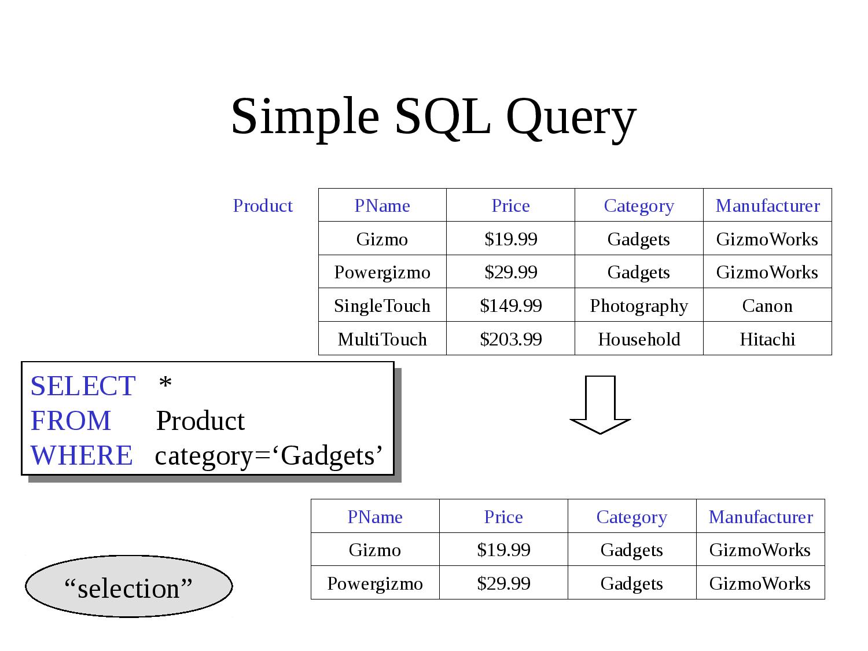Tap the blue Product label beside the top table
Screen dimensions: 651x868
[263, 206]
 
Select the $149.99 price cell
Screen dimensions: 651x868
[510, 306]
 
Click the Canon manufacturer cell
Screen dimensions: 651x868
[767, 306]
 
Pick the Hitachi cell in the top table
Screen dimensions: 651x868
[767, 339]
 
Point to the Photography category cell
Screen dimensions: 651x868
[638, 306]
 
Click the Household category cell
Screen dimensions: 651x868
[638, 339]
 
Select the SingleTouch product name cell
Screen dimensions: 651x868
[382, 306]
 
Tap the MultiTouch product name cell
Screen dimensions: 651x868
[382, 339]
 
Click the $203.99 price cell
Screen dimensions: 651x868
[510, 339]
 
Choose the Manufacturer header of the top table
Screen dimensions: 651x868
[767, 206]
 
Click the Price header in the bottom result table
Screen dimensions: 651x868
[503, 517]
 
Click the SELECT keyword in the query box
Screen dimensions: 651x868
[83, 386]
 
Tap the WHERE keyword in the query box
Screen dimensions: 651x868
[82, 455]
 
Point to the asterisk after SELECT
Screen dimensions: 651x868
[165, 384]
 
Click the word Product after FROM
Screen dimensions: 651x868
[200, 421]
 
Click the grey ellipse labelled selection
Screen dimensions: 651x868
[128, 587]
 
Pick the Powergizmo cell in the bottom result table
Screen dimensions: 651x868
[375, 583]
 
